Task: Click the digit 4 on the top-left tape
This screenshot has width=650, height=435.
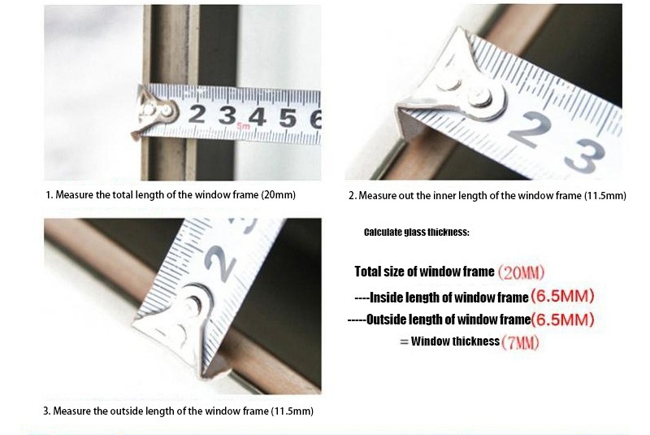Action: pyautogui.click(x=257, y=116)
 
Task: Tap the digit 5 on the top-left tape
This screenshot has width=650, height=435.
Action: pyautogui.click(x=288, y=117)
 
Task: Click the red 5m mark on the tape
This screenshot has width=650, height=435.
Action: pyautogui.click(x=243, y=126)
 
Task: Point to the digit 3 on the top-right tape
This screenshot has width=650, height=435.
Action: pyautogui.click(x=584, y=156)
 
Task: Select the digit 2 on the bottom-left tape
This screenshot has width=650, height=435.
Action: pyautogui.click(x=219, y=263)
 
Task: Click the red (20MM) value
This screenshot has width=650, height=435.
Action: pyautogui.click(x=521, y=272)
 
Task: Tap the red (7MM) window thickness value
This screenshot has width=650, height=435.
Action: pyautogui.click(x=520, y=342)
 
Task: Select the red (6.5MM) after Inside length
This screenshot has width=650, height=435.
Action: pyautogui.click(x=562, y=296)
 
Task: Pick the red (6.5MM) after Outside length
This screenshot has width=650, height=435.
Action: pyautogui.click(x=562, y=320)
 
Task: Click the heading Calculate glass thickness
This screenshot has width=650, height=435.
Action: pyautogui.click(x=417, y=233)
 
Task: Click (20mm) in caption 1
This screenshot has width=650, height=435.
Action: pyautogui.click(x=278, y=194)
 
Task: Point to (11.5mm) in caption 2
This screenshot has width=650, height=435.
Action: pyautogui.click(x=604, y=195)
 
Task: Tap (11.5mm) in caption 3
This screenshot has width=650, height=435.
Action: pyautogui.click(x=292, y=411)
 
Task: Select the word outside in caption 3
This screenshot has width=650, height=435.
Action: pyautogui.click(x=124, y=411)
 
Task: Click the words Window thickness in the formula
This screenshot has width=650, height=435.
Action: pyautogui.click(x=455, y=341)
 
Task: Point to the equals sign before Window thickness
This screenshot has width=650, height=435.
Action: pyautogui.click(x=404, y=342)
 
